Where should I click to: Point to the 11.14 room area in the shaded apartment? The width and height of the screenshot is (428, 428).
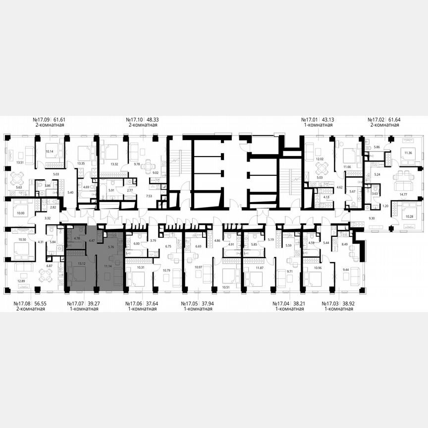pyautogui.click(x=108, y=266)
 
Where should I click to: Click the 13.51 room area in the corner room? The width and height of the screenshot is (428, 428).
pyautogui.click(x=20, y=162)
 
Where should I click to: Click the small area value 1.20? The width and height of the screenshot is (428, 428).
pyautogui.click(x=385, y=205)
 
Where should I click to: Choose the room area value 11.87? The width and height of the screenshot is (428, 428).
pyautogui.click(x=260, y=268)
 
